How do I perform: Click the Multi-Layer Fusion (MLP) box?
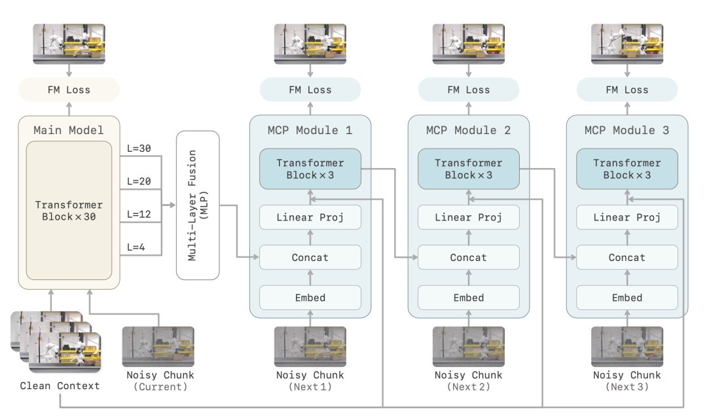click(198, 205)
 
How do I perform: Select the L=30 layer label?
click(139, 148)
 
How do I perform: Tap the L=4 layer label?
click(136, 247)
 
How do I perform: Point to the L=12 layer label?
click(139, 214)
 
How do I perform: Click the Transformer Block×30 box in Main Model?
click(69, 211)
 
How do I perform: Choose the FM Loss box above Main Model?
click(69, 90)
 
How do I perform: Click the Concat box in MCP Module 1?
click(310, 257)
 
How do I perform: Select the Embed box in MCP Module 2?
click(469, 297)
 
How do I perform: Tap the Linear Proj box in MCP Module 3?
click(627, 217)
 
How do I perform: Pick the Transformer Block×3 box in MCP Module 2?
click(469, 169)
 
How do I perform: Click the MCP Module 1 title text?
click(310, 130)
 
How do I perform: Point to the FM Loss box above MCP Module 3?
click(627, 90)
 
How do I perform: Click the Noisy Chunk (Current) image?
click(158, 347)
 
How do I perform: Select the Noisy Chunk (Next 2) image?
click(469, 347)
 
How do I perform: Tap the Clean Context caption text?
click(60, 385)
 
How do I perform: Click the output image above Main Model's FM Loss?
click(69, 44)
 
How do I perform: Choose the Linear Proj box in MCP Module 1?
click(310, 217)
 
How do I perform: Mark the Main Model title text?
click(69, 130)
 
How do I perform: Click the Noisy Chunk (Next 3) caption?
click(627, 381)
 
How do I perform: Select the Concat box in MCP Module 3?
click(627, 257)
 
